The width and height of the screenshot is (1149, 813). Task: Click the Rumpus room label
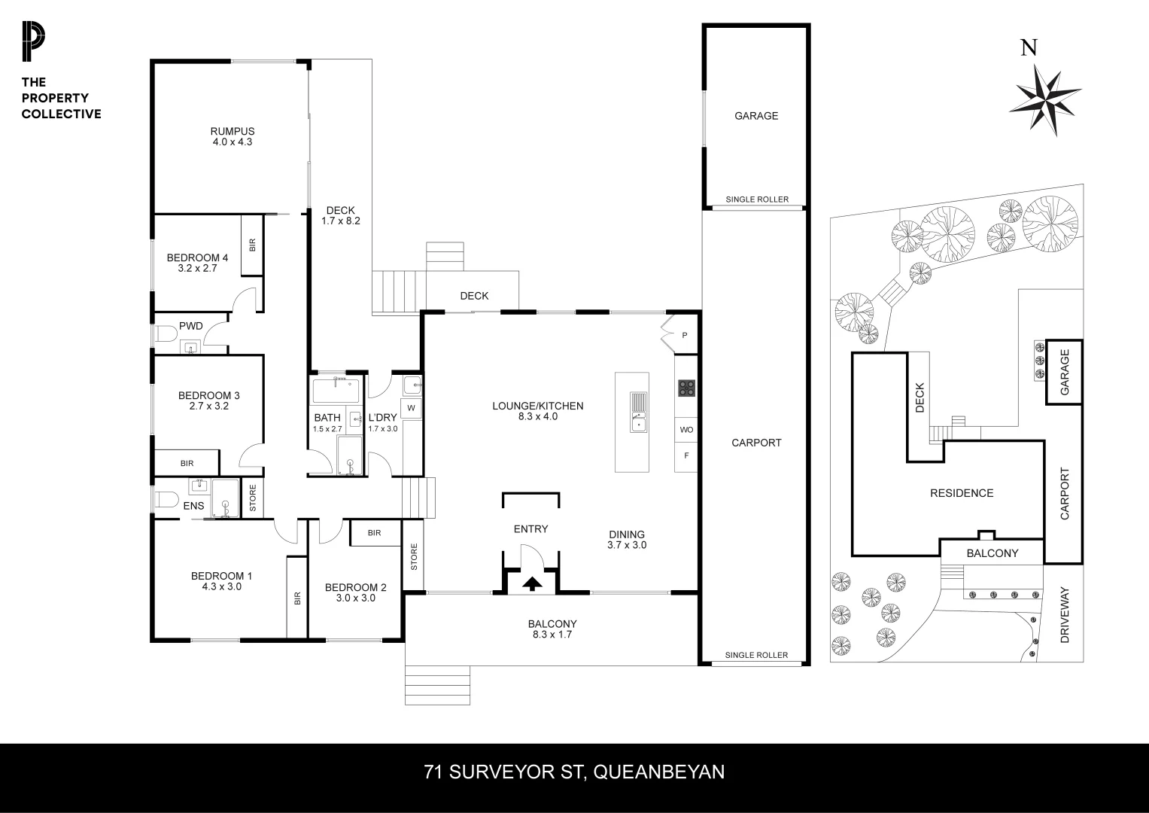point(233,136)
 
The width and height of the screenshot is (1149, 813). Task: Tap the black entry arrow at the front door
point(532,583)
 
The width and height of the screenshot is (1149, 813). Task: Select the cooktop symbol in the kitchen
point(686,388)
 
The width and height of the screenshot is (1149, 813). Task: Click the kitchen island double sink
point(638,413)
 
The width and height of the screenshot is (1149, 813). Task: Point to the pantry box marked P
point(684,335)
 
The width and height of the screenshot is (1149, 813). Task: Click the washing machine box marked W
point(412,408)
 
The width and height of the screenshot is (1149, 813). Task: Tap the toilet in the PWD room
point(164,333)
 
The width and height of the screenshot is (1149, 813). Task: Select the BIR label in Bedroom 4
point(252,245)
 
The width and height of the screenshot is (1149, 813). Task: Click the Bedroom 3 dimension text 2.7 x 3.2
point(208,406)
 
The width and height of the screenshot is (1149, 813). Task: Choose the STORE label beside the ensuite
point(253,498)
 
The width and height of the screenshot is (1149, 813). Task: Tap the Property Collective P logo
point(32,43)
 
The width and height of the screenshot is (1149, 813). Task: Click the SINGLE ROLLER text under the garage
point(757,199)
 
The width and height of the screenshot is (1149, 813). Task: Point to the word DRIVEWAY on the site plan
point(1064,614)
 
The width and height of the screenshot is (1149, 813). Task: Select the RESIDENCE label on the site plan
point(962,493)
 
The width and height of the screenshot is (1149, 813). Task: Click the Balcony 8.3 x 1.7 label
point(552,629)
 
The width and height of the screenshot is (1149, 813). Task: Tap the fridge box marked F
point(685,455)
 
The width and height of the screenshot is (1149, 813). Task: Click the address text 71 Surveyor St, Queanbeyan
point(574,772)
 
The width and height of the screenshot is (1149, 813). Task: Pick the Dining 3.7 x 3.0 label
point(627,540)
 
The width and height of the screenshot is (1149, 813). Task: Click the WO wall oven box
point(686,430)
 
